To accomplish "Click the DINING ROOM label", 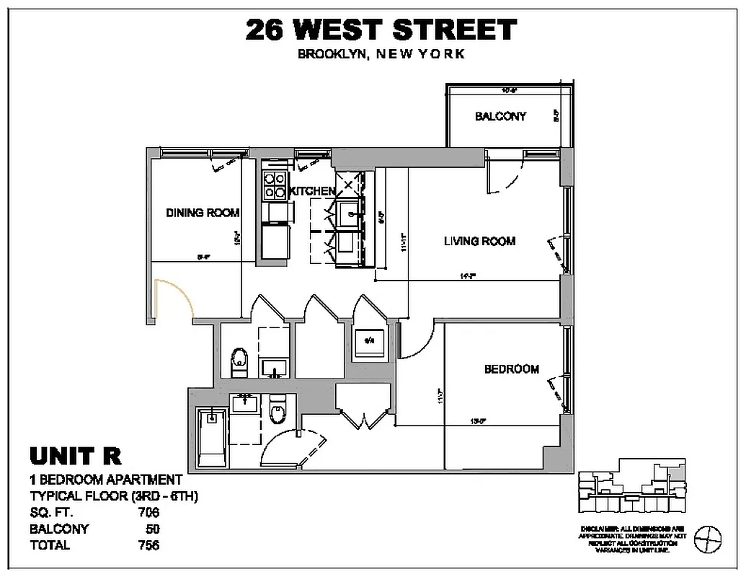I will point(203,213).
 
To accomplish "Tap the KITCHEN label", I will point(311,191).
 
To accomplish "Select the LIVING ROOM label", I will point(479,241).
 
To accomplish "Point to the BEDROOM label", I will point(511,369).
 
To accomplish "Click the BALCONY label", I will point(500,116).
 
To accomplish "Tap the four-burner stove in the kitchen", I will point(274,186).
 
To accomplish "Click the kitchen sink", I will point(351,213).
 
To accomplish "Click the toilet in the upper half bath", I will point(239,361).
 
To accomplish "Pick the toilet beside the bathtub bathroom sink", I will point(277,413).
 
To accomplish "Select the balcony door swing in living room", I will point(505,177).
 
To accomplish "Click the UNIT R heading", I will point(75,456).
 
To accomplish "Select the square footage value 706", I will point(148,513).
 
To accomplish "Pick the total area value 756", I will point(148,545).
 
